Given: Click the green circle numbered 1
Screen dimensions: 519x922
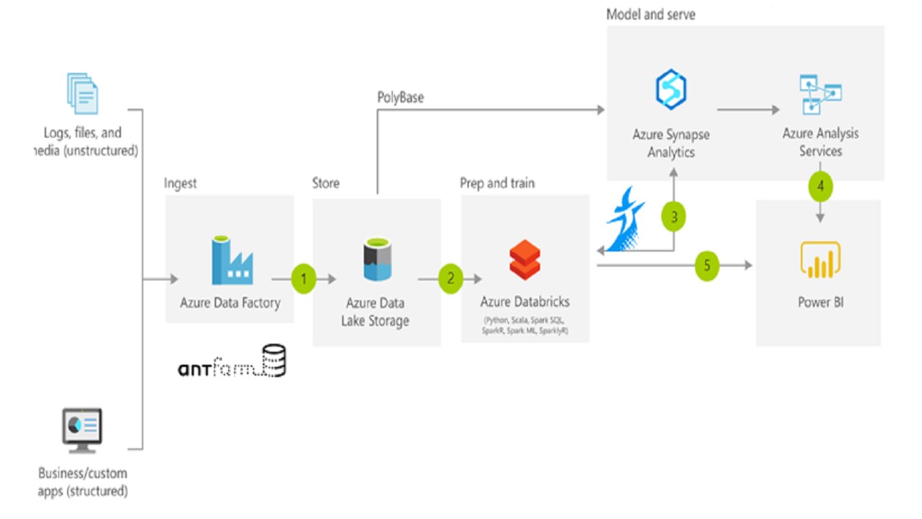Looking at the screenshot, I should coord(303,278).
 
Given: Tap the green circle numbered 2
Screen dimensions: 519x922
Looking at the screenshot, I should coord(451,278).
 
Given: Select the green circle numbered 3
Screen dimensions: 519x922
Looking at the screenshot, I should coord(673,216).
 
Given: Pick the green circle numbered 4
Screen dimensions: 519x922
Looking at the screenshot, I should coord(820,187).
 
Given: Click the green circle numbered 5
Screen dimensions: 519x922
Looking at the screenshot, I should coord(707,265).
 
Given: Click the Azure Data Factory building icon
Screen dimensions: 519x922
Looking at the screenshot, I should coord(231,260).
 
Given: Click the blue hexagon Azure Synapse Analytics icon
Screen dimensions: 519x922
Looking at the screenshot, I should coord(671,89).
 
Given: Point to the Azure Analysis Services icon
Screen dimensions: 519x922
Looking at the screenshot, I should coord(820,94).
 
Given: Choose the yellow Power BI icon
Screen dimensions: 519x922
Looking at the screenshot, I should coord(820,260).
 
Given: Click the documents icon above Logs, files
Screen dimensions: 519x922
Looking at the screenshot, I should coord(82,93).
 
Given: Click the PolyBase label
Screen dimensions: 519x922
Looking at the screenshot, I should coord(400,97).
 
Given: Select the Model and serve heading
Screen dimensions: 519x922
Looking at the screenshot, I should coord(650,14).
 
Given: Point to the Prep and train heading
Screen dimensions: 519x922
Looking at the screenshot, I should coord(497,183).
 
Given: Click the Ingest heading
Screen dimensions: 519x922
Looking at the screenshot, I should coord(179,184).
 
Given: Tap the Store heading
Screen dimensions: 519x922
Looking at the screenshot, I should coord(326,183).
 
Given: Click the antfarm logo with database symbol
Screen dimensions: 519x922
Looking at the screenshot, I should coord(231,362).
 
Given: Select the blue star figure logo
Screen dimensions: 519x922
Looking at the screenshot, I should coord(624,220).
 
